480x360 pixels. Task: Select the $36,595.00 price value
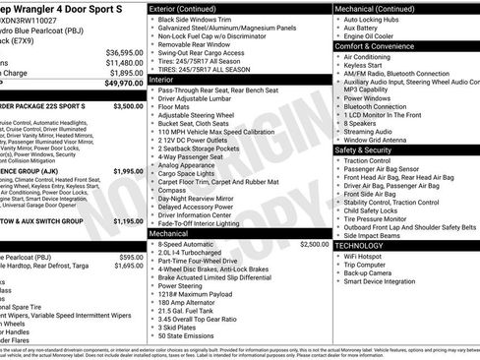[123, 52]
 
